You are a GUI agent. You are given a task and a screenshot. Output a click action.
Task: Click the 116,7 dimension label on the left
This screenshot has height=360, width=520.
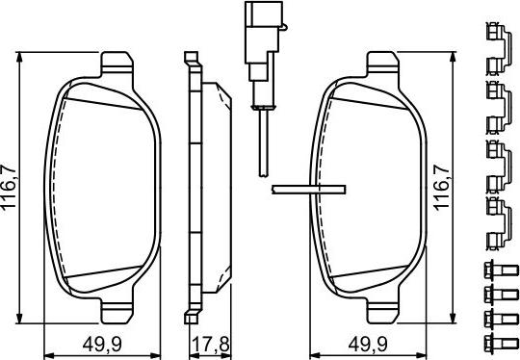9,187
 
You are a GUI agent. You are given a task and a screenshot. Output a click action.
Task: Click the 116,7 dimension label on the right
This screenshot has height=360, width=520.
442,188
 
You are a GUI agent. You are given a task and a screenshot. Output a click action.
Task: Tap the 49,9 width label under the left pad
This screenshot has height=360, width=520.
102,345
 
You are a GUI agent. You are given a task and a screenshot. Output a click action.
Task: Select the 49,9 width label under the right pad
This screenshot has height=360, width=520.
368,345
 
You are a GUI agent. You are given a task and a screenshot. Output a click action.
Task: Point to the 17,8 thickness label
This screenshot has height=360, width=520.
210,345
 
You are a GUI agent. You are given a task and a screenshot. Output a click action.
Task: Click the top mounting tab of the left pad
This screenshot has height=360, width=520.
117,64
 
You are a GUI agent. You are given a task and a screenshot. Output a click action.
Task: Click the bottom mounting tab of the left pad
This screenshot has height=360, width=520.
117,311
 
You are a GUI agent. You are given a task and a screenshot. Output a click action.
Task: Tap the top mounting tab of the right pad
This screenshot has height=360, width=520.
382,64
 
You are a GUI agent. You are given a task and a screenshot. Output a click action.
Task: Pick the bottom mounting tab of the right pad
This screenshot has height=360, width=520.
382,311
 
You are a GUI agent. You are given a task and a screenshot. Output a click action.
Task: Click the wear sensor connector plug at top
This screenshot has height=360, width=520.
264,39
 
